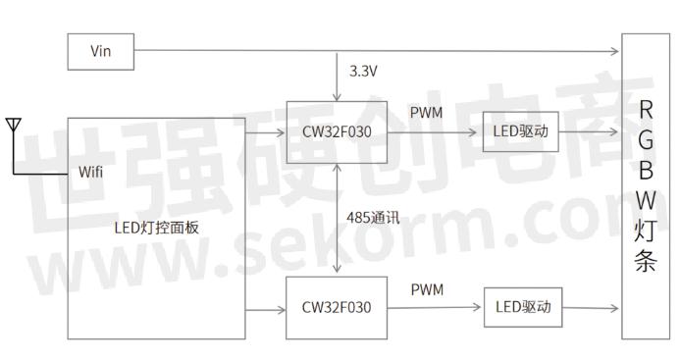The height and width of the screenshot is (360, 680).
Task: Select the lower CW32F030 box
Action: (337, 308)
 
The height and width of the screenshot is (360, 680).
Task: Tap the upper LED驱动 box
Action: (521, 130)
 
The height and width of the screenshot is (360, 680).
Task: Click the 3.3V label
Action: (364, 72)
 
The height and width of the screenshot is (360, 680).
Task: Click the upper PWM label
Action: (428, 113)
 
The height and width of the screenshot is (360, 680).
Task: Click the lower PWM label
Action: (428, 289)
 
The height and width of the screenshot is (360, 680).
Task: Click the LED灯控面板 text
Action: (157, 227)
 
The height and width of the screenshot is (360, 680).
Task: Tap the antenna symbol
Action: (13, 128)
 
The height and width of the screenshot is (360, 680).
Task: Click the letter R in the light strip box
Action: (645, 108)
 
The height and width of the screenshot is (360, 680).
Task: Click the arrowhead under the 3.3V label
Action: (337, 96)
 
